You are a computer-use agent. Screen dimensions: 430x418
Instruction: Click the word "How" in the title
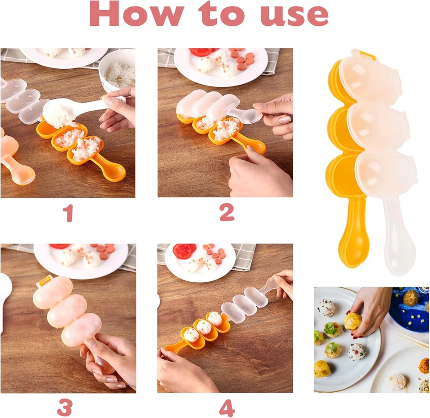point(136,13)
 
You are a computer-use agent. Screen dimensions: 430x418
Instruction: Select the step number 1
point(68,213)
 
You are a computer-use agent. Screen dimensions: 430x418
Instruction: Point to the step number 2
point(227,212)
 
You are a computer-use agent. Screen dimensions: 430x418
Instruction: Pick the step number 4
point(227,408)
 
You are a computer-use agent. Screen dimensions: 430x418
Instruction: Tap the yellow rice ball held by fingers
point(353,321)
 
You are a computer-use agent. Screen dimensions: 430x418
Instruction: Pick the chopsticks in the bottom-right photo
point(414,340)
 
